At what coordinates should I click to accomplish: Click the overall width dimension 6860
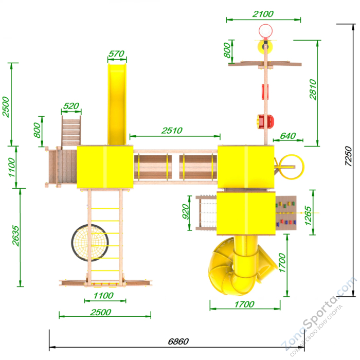click(178, 341)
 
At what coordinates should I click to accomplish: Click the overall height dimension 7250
click(348, 156)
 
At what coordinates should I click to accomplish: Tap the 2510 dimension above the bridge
click(172, 131)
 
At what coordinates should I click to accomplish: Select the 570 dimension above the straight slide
click(116, 53)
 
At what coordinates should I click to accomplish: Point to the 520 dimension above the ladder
click(71, 106)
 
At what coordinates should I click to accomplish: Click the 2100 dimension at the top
click(263, 14)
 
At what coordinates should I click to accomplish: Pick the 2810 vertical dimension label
click(313, 89)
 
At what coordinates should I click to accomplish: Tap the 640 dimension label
click(287, 136)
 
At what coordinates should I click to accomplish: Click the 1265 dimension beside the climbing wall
click(308, 215)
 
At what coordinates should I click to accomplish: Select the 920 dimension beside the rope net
click(185, 211)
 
